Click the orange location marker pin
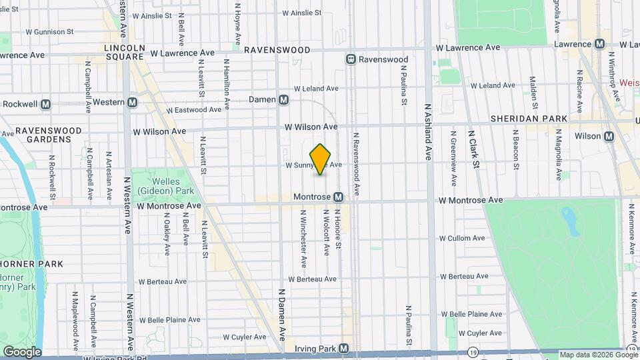click(x=321, y=159)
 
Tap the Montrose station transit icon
click(x=339, y=197)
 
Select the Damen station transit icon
click(x=284, y=100)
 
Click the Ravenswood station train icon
click(x=351, y=59)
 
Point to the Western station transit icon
click(x=132, y=103)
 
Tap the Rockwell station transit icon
click(x=46, y=104)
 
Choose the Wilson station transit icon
click(x=609, y=136)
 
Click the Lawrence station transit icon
click(x=600, y=43)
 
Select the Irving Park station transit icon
click(x=343, y=348)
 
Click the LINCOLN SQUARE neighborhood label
click(x=124, y=53)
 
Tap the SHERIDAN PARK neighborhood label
click(x=528, y=119)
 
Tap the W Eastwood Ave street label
click(x=193, y=110)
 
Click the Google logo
click(x=21, y=351)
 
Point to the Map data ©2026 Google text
click(x=591, y=355)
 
